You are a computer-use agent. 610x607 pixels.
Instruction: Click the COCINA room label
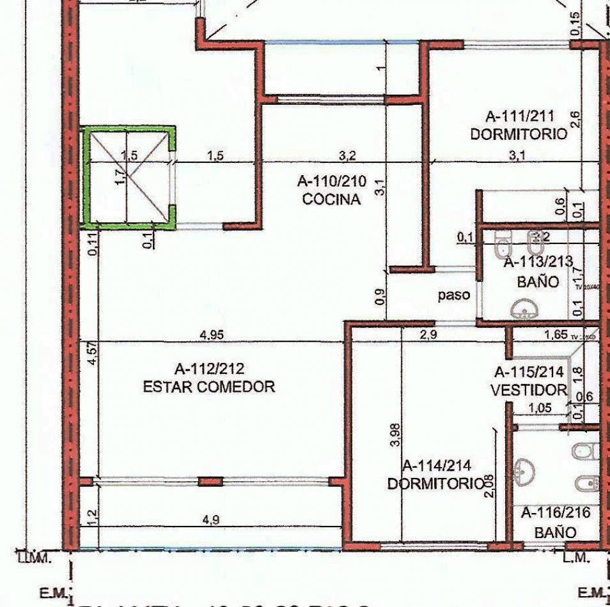(332, 199)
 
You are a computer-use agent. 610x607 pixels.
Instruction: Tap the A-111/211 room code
(519, 117)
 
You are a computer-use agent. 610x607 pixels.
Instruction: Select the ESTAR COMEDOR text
(208, 387)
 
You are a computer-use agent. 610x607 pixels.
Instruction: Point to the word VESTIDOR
(528, 389)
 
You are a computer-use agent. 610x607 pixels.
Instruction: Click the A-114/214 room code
(437, 466)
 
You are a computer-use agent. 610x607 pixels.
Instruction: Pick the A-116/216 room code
(555, 512)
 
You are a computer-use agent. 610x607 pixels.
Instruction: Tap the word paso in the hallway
(454, 295)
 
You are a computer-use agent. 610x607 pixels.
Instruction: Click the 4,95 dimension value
(214, 335)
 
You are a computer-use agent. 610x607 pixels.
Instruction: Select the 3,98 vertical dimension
(396, 434)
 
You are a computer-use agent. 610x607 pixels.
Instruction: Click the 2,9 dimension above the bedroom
(428, 335)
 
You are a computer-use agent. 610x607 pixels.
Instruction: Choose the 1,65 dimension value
(556, 335)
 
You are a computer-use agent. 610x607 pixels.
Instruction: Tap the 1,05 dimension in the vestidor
(539, 408)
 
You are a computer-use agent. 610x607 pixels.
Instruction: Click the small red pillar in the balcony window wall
(210, 481)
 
